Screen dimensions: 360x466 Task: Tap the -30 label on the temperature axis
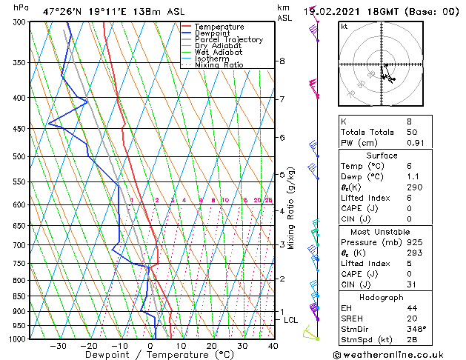[x=58, y=346]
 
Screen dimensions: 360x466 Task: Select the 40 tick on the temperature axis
[x=273, y=346]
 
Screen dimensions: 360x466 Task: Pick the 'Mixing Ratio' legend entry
[x=219, y=65]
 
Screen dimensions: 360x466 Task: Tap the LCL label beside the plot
[x=290, y=320]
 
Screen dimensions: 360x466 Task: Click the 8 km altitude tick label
[x=282, y=61]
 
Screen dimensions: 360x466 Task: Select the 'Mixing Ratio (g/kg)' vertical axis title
[x=292, y=208]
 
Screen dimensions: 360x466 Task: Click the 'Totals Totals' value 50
[x=391, y=132]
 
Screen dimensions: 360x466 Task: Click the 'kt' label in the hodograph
[x=344, y=27]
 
